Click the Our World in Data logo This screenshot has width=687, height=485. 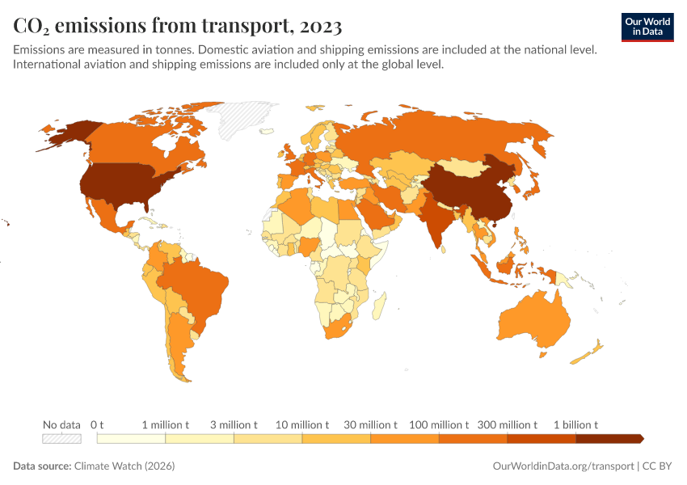[x=647, y=27]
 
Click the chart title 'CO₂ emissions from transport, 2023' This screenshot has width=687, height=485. [x=178, y=26]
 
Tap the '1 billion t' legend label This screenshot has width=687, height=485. [x=575, y=424]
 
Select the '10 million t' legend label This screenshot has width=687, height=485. [x=302, y=424]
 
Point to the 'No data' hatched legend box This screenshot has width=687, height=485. [x=61, y=438]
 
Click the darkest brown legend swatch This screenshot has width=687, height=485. [x=609, y=438]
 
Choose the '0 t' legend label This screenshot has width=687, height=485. [x=97, y=424]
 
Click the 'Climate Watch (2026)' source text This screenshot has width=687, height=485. [x=124, y=466]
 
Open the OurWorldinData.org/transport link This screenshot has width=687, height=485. [x=563, y=466]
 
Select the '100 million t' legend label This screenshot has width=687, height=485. [x=439, y=424]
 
